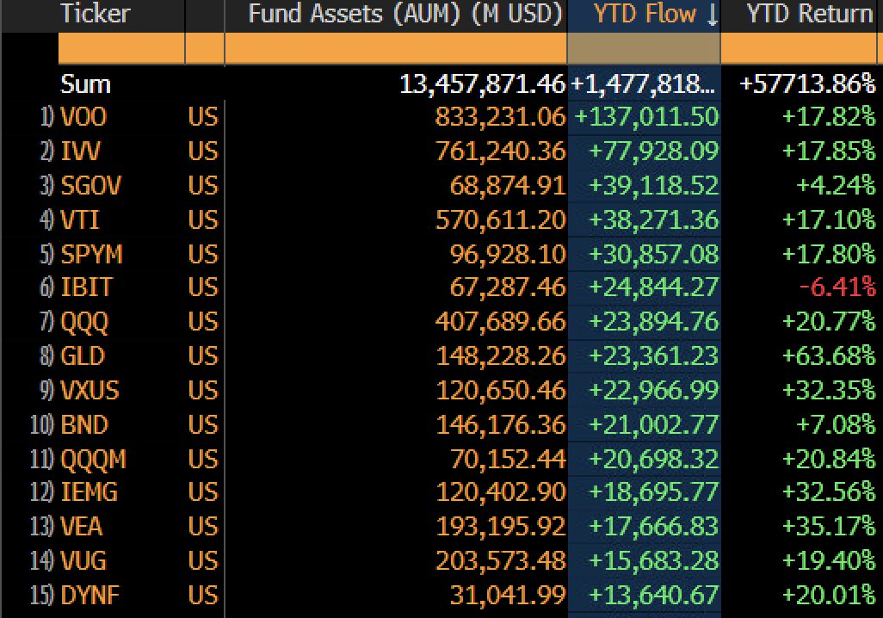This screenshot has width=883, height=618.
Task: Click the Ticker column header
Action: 95,14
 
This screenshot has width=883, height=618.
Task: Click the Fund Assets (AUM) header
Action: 405,14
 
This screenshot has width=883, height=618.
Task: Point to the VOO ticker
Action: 83,117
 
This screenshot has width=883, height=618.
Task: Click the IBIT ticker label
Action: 86,287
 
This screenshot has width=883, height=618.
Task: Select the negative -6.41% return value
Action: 837,287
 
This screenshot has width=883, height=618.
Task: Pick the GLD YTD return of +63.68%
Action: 829,355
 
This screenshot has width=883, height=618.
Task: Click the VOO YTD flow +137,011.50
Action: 645,117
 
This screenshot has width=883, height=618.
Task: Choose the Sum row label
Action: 85,84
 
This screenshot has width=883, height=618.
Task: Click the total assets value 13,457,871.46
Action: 483,84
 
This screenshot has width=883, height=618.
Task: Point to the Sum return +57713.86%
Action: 807,84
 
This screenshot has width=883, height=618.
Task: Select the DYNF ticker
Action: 92,595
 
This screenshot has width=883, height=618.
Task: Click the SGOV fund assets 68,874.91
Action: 508,185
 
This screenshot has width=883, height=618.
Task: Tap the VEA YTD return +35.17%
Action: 829,527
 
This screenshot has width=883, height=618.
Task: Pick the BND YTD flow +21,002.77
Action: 653,424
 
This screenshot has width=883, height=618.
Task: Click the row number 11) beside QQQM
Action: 42,459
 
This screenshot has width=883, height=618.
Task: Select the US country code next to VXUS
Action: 203,390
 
